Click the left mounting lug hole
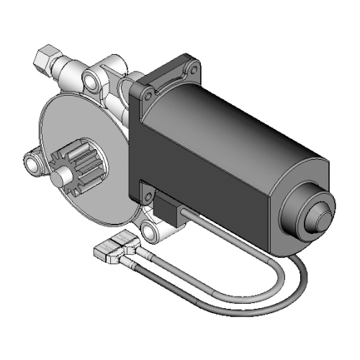[x=32, y=162]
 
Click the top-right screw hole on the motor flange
[x=192, y=68]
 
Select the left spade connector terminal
[x=107, y=251]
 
